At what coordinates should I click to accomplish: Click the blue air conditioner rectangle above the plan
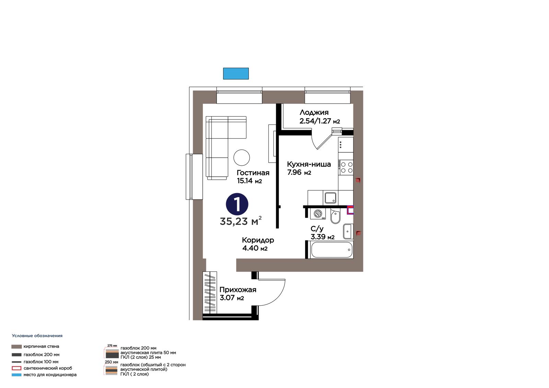pyautogui.click(x=236, y=73)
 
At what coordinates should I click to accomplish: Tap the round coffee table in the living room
pyautogui.click(x=242, y=157)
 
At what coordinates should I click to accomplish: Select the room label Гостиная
pyautogui.click(x=253, y=173)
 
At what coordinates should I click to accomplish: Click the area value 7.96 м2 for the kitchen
pyautogui.click(x=299, y=172)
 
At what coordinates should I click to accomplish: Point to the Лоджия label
pyautogui.click(x=314, y=113)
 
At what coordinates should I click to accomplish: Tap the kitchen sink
pyautogui.click(x=330, y=198)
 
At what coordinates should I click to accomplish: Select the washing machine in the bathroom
pyautogui.click(x=318, y=214)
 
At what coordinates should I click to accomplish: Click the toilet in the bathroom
pyautogui.click(x=335, y=216)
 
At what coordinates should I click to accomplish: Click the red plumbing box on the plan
pyautogui.click(x=350, y=210)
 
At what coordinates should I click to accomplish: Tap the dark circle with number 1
pyautogui.click(x=237, y=204)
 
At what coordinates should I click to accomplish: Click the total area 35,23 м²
pyautogui.click(x=241, y=221)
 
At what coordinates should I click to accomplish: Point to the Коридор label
pyautogui.click(x=258, y=240)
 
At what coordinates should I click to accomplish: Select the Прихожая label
pyautogui.click(x=238, y=290)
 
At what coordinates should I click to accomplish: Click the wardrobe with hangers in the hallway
pyautogui.click(x=210, y=292)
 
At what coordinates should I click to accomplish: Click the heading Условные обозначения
pyautogui.click(x=37, y=336)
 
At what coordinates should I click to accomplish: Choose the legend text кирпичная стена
pyautogui.click(x=41, y=346)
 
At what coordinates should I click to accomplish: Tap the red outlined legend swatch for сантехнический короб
pyautogui.click(x=16, y=368)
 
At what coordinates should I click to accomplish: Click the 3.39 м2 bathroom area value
pyautogui.click(x=323, y=237)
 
